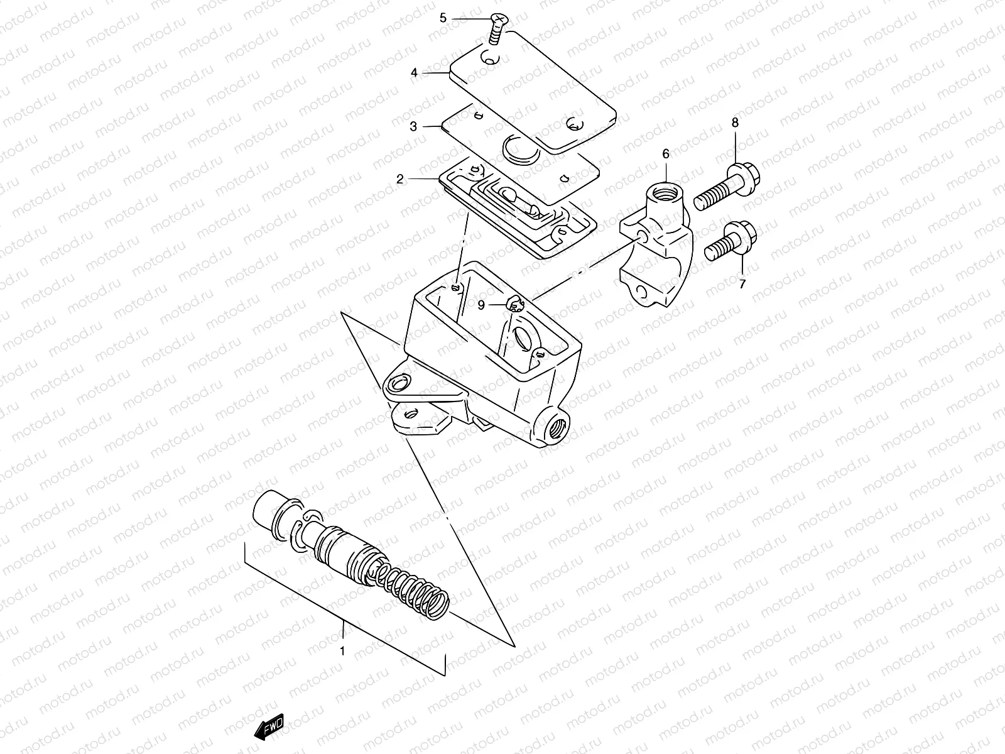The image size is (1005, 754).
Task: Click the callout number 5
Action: coord(443,18)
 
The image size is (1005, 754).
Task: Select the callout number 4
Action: coord(414,73)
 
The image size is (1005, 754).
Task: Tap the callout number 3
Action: coord(413,126)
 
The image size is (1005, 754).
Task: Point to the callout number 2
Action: coord(400,179)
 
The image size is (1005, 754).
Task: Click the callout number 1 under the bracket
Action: coord(342,652)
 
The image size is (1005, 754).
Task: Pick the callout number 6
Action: coord(666,153)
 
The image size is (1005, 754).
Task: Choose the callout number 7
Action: coord(742,284)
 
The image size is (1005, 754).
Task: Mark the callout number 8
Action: coord(735,123)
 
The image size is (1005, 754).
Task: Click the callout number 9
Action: coord(481,305)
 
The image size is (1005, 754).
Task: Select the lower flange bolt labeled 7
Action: coord(732,242)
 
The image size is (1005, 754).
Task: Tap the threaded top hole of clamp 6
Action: coord(666,188)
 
